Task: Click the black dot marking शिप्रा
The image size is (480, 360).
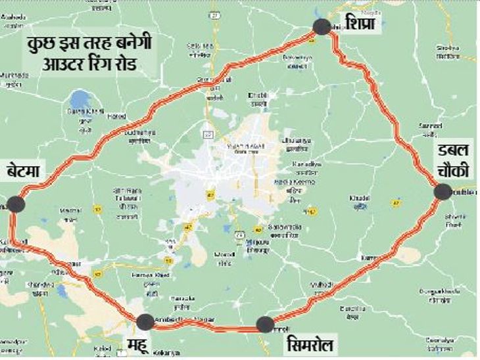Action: (322, 27)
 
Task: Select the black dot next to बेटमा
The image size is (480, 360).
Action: (16, 204)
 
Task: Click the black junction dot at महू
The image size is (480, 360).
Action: (145, 321)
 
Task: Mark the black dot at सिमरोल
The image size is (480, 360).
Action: (265, 323)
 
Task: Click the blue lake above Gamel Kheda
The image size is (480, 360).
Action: (78, 101)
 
